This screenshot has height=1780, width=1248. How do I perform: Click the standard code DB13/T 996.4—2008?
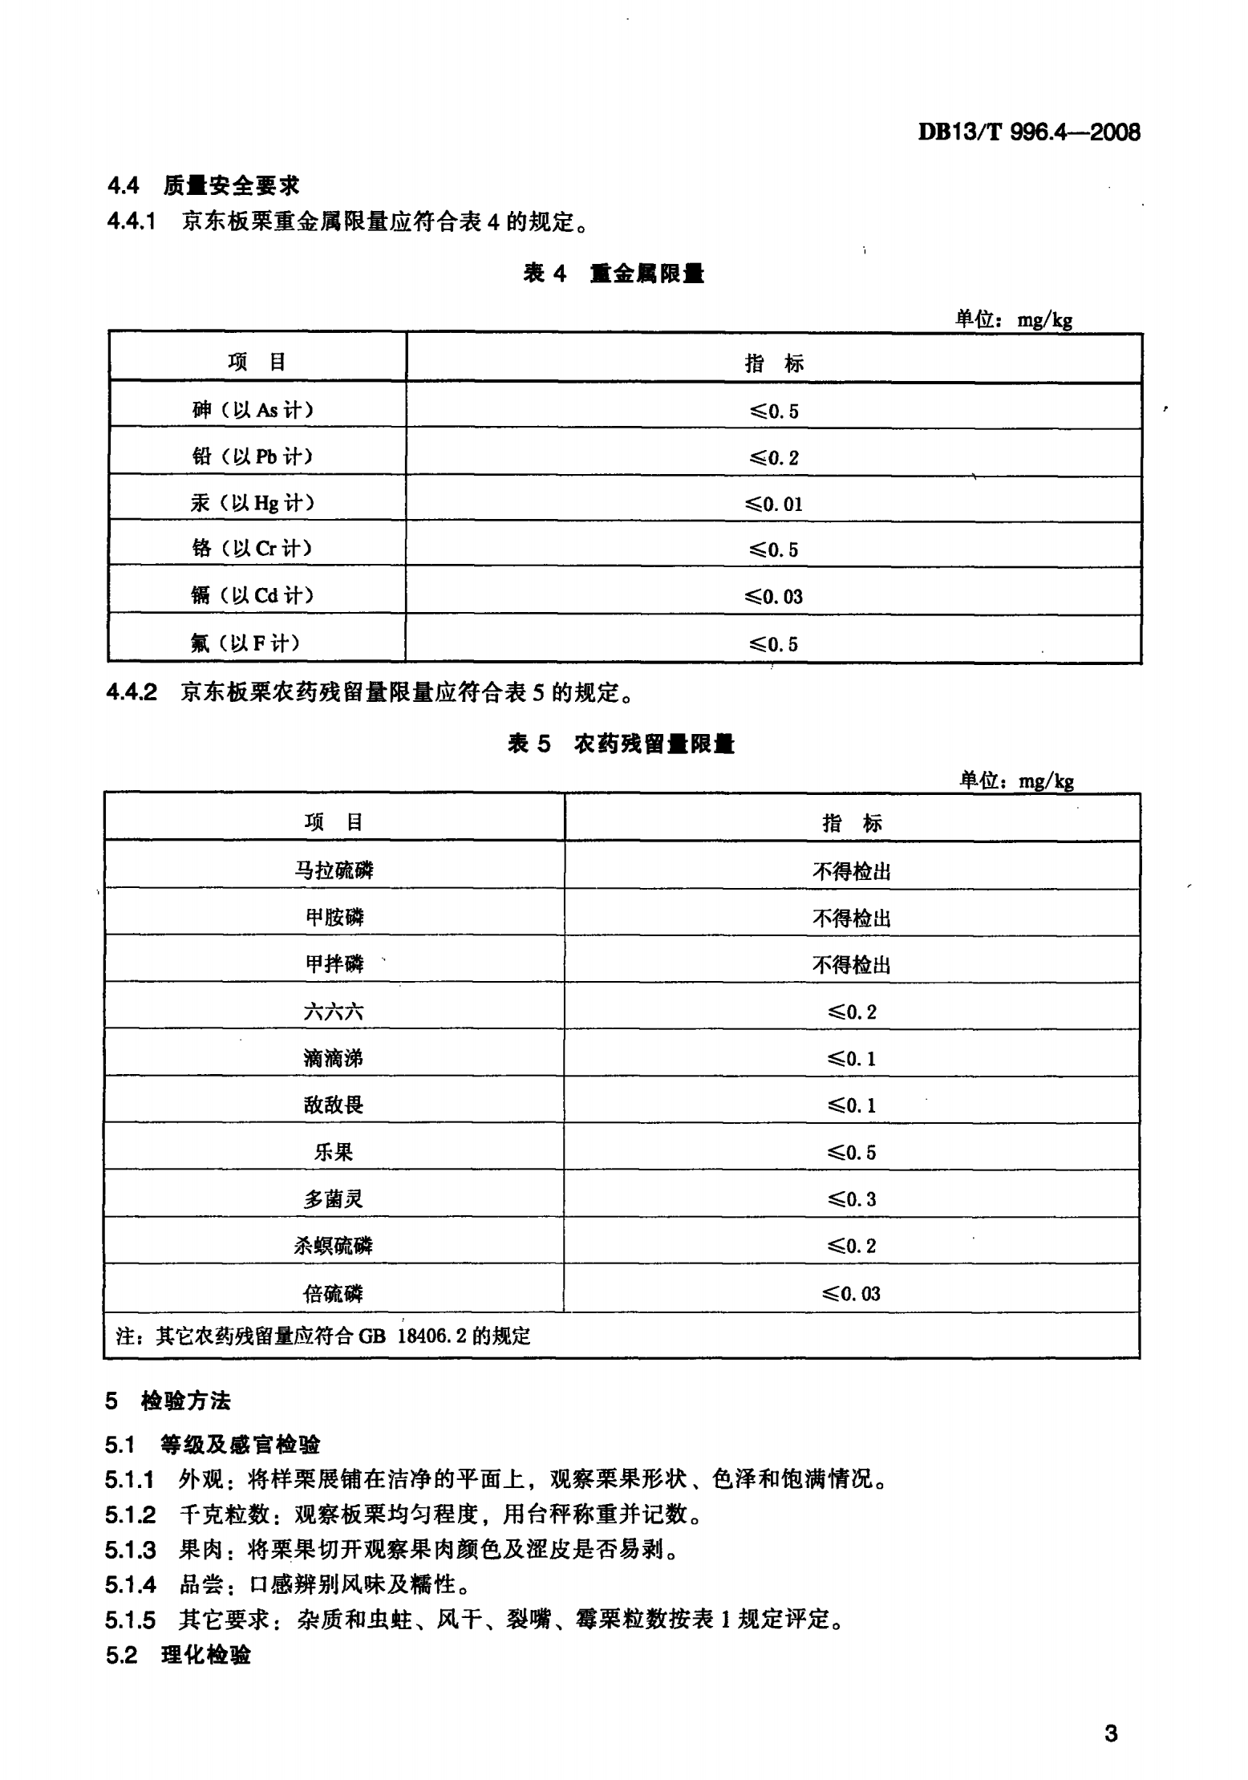[1029, 132]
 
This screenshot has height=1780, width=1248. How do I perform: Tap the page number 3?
[1111, 1734]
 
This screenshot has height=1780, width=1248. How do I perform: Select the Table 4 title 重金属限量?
[614, 274]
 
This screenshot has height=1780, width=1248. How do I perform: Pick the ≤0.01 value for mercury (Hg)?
[774, 504]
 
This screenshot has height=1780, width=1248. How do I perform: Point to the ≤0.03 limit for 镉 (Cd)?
[774, 597]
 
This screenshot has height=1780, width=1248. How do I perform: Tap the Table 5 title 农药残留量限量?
[621, 744]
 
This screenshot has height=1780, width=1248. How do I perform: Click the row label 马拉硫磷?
[334, 870]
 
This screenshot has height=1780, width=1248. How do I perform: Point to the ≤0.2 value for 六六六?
[852, 1012]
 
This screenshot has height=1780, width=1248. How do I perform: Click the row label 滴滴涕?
[334, 1059]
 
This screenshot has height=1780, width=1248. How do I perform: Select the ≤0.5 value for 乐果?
[852, 1153]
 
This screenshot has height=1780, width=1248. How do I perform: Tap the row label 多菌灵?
[334, 1199]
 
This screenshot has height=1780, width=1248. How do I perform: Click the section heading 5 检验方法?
[168, 1401]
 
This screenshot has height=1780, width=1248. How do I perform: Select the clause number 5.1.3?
[130, 1550]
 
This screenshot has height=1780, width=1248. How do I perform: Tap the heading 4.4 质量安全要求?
[204, 186]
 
